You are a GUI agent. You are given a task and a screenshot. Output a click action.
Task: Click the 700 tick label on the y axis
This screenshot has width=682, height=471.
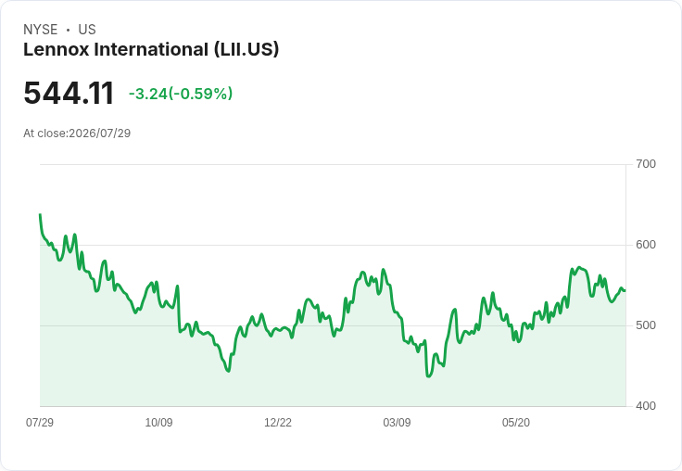point(646,164)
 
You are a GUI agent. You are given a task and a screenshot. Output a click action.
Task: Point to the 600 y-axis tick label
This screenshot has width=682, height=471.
point(646,245)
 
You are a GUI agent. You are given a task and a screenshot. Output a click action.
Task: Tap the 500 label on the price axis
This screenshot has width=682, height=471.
point(646,325)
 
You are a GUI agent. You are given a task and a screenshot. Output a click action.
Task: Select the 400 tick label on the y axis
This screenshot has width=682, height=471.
point(646,406)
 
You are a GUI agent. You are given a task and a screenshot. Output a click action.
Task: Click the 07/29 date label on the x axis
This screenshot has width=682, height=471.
point(40,422)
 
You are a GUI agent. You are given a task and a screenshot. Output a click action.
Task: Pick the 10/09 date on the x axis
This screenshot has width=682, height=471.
point(158,422)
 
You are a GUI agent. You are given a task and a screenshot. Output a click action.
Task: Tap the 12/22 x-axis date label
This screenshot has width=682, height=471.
point(278,422)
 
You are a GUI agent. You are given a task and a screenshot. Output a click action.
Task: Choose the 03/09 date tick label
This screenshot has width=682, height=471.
point(397,422)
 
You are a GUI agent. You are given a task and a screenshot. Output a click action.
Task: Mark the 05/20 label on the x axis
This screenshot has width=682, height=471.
point(516,422)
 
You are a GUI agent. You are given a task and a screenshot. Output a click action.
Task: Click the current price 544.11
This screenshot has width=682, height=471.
point(69,94)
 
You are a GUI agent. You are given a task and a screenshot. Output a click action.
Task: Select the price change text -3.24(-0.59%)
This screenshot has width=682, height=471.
point(181,94)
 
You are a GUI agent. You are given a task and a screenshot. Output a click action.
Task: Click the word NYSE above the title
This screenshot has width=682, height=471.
point(41,30)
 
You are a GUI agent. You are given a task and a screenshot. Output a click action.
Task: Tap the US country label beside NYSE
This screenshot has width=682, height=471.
point(87,30)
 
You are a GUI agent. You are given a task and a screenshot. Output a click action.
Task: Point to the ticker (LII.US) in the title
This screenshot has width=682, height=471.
point(246,50)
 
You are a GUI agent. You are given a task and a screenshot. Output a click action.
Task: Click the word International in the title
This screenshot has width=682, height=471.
point(151,49)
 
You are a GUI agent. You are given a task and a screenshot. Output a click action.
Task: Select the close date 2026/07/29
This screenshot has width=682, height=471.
point(99,134)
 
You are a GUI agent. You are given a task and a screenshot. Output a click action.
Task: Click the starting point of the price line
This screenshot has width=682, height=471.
point(40,214)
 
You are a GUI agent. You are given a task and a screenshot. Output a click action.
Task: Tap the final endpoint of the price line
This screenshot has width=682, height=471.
point(625,290)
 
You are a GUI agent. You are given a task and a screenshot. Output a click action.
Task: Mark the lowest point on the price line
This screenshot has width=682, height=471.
point(428,376)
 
